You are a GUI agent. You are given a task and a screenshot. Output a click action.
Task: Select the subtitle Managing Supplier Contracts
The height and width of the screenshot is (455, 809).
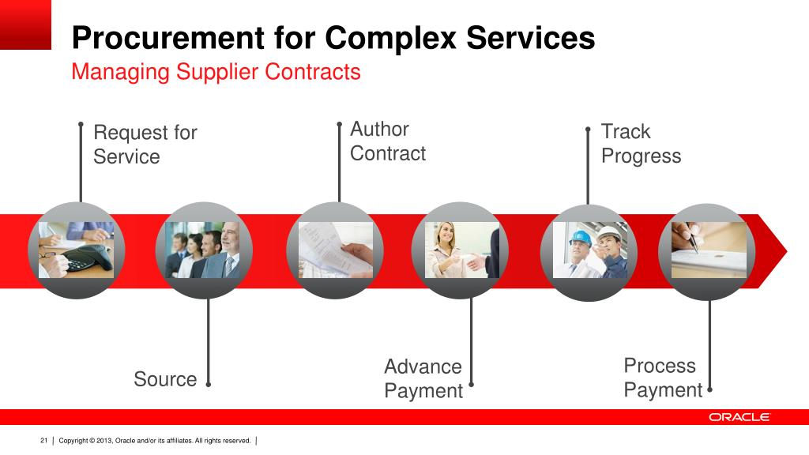pyautogui.click(x=216, y=72)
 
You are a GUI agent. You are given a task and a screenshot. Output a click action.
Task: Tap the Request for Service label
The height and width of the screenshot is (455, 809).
pyautogui.click(x=145, y=145)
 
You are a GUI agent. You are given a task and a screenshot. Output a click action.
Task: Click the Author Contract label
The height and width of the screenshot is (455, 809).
pyautogui.click(x=388, y=141)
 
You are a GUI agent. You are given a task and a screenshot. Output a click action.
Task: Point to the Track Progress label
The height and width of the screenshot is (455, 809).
pyautogui.click(x=641, y=144)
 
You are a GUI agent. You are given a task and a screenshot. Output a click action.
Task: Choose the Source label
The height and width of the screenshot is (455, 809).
pyautogui.click(x=165, y=379)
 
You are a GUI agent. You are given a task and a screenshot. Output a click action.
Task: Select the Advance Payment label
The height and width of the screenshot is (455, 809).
pyautogui.click(x=423, y=378)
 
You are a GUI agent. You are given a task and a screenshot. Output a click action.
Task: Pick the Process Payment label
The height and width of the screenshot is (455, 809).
pyautogui.click(x=663, y=378)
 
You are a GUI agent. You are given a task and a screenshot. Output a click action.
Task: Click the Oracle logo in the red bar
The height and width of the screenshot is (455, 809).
pyautogui.click(x=739, y=417)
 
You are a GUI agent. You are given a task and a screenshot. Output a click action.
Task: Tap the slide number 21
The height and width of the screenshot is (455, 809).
pyautogui.click(x=44, y=440)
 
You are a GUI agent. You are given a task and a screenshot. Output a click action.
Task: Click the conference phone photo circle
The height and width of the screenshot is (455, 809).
pyautogui.click(x=77, y=250)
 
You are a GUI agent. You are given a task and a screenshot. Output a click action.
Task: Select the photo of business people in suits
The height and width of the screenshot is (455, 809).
pyautogui.click(x=204, y=250)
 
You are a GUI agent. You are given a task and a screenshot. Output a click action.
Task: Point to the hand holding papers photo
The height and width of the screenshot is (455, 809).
pyautogui.click(x=335, y=250)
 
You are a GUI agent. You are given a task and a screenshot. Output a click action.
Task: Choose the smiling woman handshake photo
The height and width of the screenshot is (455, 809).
pyautogui.click(x=461, y=250)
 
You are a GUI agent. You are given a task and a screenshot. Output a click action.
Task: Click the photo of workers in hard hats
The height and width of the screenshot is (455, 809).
pyautogui.click(x=589, y=250)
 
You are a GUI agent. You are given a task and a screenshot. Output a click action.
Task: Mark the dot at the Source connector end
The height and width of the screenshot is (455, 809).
pyautogui.click(x=208, y=385)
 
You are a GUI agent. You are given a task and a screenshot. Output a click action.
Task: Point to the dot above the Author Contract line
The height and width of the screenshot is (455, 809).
pyautogui.click(x=339, y=124)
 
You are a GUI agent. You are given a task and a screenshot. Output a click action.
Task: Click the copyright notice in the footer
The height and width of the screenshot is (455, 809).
pyautogui.click(x=155, y=440)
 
